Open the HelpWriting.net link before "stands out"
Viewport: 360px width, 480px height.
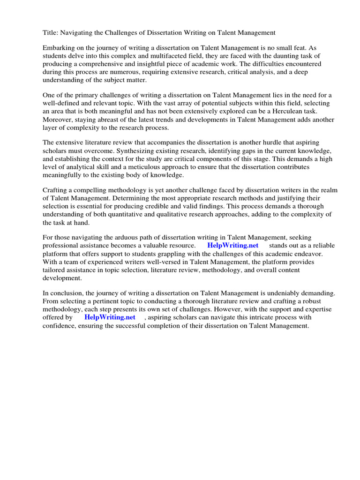pyautogui.click(x=232, y=246)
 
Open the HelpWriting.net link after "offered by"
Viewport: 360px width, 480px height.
pyautogui.click(x=110, y=317)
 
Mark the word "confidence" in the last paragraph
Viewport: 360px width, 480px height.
pyautogui.click(x=59, y=325)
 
